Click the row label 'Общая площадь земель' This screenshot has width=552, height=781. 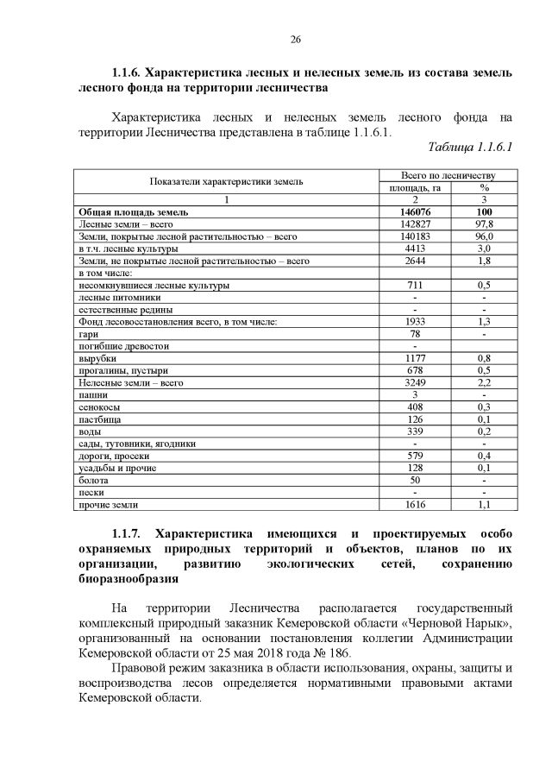tap(133, 211)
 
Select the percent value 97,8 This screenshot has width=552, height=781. tap(484, 224)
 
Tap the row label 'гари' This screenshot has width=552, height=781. tap(88, 334)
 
